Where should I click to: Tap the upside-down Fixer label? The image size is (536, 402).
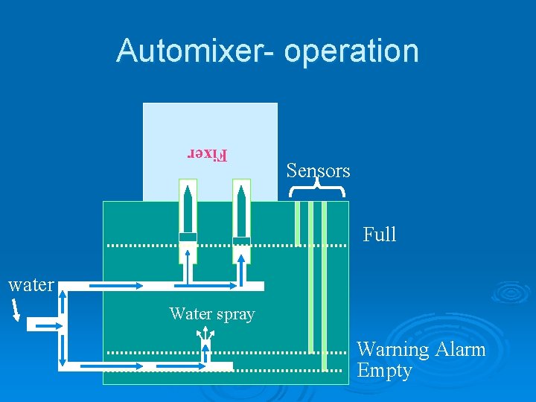207,154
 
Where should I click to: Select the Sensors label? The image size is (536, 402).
318,170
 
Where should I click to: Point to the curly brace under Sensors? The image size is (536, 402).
318,190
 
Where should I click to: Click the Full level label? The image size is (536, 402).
380,234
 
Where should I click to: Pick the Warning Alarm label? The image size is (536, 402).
421,349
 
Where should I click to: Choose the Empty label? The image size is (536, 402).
384,370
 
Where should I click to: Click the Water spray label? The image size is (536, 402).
212,314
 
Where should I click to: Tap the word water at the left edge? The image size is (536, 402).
31,284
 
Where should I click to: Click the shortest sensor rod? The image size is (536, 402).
297,223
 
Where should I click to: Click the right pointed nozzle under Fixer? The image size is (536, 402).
241,211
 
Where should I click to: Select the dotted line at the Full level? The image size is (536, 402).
223,244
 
